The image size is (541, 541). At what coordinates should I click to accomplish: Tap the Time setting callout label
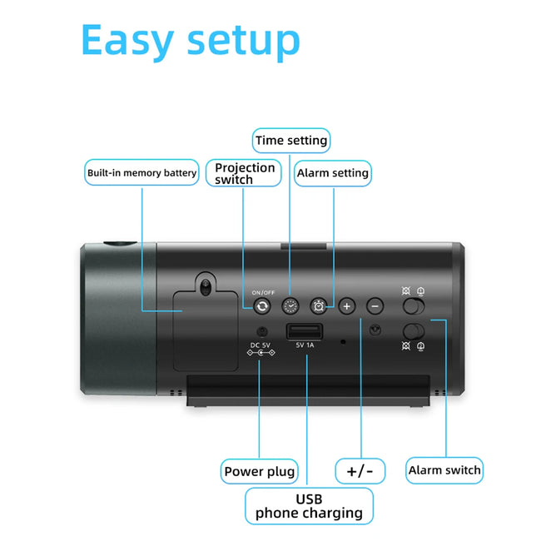pos(290,141)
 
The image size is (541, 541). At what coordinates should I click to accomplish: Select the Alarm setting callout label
pos(332,173)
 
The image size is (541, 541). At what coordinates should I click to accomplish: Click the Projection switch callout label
pos(245,173)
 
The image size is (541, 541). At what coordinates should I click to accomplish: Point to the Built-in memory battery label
pos(142,173)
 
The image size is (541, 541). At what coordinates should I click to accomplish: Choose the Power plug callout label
pos(260,472)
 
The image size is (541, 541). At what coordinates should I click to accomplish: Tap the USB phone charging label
pos(309,506)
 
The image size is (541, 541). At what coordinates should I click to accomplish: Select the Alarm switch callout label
pos(444,470)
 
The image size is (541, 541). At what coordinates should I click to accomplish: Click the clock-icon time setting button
pos(290,306)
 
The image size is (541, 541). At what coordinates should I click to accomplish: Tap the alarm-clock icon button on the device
pos(319,306)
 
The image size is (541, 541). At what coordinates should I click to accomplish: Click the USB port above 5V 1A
pos(298,333)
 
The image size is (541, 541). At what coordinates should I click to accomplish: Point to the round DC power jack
pos(261,333)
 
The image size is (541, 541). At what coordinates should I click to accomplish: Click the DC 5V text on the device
pos(261,345)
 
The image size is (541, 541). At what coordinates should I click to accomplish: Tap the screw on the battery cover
pos(205,289)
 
